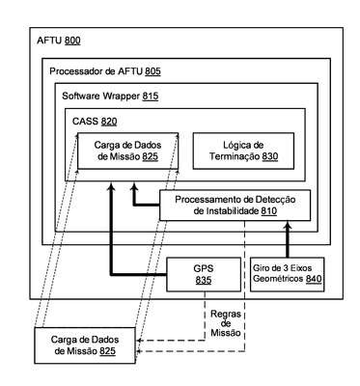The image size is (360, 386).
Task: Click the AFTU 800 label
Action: (59, 41)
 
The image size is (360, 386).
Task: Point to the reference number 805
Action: (152, 71)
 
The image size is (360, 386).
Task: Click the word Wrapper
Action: (121, 96)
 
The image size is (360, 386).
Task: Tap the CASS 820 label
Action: (95, 122)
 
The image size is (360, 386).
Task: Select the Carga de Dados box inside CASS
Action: (127, 151)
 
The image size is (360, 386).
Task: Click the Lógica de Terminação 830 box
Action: (243, 151)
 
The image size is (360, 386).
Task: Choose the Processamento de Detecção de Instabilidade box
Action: (235, 206)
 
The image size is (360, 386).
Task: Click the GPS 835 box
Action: (204, 274)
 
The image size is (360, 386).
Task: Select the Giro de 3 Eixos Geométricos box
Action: (287, 274)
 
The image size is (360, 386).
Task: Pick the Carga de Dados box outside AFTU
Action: (85, 345)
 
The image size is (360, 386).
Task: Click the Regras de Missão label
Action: (226, 323)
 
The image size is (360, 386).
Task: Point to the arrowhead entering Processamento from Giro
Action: (288, 225)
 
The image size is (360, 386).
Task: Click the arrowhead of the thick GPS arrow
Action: (111, 186)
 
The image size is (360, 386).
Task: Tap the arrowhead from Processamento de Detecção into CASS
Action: (134, 186)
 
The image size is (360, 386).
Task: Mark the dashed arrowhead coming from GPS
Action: (139, 341)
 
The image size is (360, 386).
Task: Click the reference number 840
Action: (314, 279)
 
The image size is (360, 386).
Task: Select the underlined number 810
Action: (269, 211)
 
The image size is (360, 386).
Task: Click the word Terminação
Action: (235, 156)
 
